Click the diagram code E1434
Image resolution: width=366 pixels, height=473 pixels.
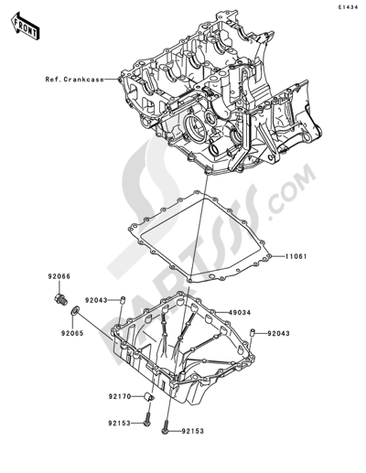pyautogui.click(x=348, y=8)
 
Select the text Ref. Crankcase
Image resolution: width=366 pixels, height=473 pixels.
pyautogui.click(x=75, y=79)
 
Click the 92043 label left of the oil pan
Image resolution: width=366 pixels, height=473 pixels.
pyautogui.click(x=98, y=300)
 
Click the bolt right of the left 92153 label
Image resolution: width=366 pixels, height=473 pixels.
pyautogui.click(x=148, y=446)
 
